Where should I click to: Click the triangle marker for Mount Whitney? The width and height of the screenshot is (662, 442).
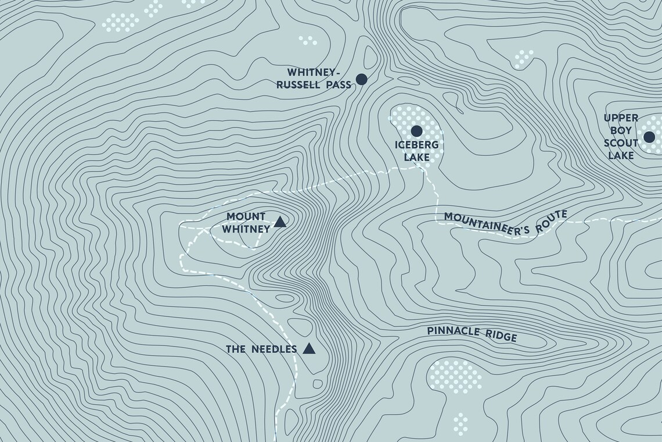[x=280, y=222]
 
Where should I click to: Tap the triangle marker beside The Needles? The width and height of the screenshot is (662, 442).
[x=309, y=349]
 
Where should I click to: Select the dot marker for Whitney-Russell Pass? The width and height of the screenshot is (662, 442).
[x=361, y=79]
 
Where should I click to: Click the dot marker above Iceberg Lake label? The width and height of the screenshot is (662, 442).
[x=416, y=130]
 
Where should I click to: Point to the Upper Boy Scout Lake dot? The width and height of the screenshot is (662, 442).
[x=649, y=137]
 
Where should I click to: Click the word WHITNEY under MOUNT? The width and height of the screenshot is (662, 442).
[x=246, y=229]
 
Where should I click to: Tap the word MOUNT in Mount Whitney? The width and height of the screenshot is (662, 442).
[x=246, y=216]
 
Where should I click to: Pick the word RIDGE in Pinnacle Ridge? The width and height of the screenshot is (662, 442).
[x=500, y=336]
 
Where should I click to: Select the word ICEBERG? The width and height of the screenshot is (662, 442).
[x=412, y=145]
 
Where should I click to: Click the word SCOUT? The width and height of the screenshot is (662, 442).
[x=621, y=143]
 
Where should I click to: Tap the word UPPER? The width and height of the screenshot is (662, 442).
[x=621, y=118]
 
